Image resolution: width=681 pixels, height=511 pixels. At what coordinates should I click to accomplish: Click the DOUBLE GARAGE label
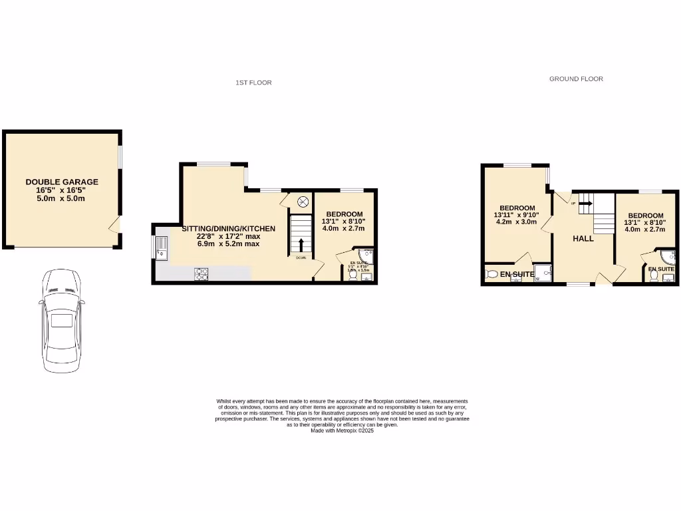coord(62,182)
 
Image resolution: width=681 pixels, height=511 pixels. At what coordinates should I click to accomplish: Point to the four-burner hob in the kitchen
coord(202,273)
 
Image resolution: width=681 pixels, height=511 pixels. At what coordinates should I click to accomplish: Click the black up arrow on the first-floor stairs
coord(301,244)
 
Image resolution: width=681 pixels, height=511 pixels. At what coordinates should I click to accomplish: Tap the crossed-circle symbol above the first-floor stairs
coord(302,201)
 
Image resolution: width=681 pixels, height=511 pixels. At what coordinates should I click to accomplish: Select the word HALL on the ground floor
coord(583,238)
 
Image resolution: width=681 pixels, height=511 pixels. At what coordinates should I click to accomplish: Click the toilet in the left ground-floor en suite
coord(492,273)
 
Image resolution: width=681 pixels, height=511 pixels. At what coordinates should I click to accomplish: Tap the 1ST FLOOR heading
coord(253,83)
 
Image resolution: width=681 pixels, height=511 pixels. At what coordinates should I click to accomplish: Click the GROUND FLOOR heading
coord(576,79)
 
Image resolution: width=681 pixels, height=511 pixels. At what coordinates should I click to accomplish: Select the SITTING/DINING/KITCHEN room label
coord(228,229)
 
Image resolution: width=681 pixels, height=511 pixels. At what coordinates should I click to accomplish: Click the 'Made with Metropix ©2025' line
coord(342,430)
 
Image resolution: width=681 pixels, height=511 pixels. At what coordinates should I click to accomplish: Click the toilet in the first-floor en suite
coord(352,276)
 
